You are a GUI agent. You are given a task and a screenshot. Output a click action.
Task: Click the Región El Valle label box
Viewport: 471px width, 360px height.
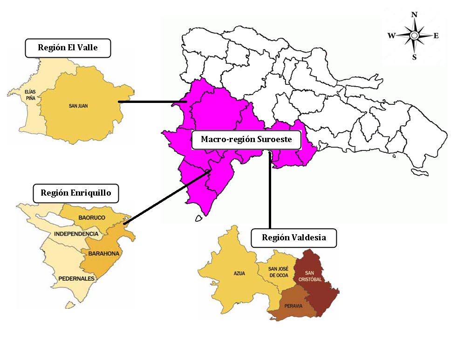[x=68, y=48]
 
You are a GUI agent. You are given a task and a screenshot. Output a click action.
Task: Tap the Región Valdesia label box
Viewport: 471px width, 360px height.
[x=294, y=238]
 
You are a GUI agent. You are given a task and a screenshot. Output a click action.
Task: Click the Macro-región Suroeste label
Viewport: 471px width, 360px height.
[x=246, y=139]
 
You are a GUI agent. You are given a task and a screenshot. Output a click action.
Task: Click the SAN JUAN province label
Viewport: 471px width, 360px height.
[x=78, y=106]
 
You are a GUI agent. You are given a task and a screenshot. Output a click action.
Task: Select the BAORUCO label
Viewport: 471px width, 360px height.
[x=92, y=217]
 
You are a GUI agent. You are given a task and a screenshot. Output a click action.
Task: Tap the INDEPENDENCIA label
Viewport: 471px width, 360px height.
[x=76, y=233]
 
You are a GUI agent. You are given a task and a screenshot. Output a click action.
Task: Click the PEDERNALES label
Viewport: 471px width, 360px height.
[x=77, y=278]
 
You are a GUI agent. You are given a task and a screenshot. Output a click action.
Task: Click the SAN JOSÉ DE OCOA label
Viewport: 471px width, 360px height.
[x=279, y=272]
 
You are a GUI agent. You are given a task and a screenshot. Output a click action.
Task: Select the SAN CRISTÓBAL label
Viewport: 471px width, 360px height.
[x=314, y=276]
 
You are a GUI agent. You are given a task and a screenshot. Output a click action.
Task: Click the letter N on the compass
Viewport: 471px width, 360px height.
[x=414, y=14]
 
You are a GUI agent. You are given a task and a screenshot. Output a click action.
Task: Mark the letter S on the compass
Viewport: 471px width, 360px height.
[x=414, y=57]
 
